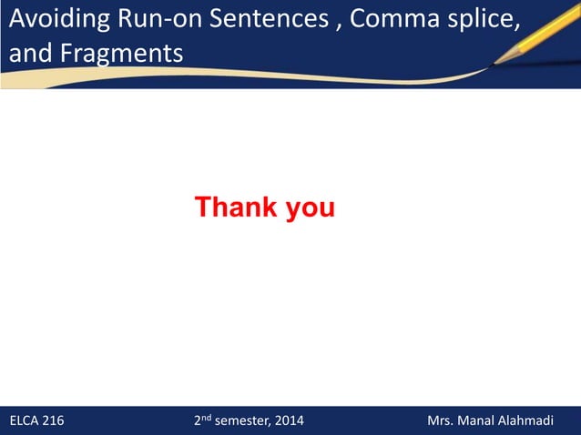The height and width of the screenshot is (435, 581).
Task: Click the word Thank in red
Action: pos(237,207)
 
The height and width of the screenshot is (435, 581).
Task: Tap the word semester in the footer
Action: pos(242,421)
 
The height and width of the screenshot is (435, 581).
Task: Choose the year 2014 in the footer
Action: pos(290,421)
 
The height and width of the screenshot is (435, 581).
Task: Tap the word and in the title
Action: pos(26,52)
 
